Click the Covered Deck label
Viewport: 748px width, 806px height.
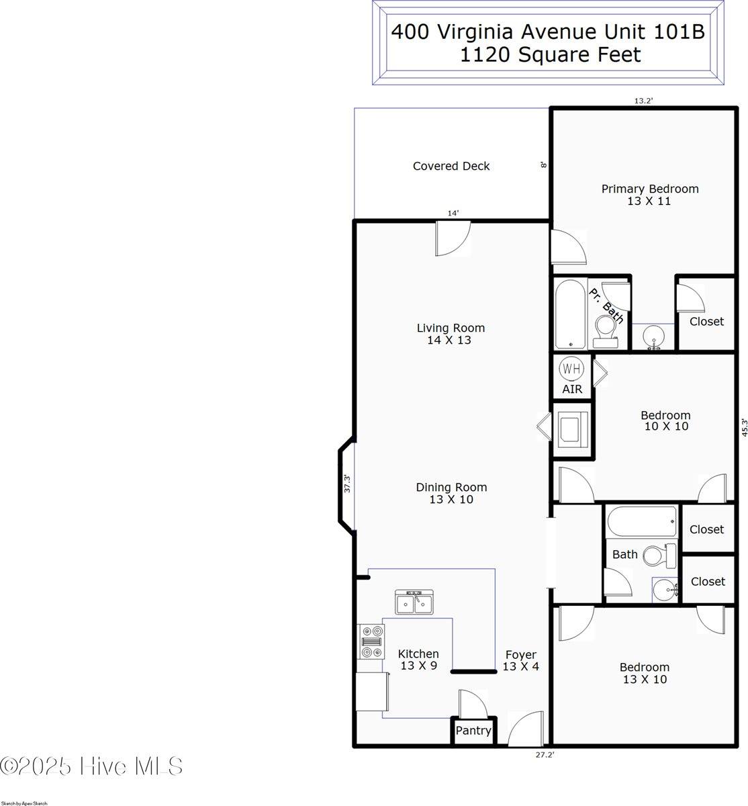coord(451,166)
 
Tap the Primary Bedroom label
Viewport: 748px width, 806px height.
coord(649,189)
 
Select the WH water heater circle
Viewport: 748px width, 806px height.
coord(571,369)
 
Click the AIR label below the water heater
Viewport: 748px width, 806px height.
coord(572,390)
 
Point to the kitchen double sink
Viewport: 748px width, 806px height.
coord(414,602)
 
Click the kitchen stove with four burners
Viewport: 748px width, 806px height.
coord(372,641)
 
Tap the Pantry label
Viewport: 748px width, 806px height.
coord(473,731)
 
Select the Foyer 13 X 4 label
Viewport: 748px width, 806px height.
coord(521,660)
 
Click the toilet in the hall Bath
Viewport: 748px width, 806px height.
coord(659,555)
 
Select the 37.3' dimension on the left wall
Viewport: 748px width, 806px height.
coord(347,483)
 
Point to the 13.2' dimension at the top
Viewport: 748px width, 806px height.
coord(643,101)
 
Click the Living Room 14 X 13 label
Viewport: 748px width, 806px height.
coord(451,334)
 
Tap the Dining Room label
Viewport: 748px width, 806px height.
coord(451,488)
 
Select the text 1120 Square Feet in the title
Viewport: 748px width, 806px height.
coord(550,55)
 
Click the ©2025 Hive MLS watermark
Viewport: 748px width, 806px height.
coord(92,766)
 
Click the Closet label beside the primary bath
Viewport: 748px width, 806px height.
coord(706,322)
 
